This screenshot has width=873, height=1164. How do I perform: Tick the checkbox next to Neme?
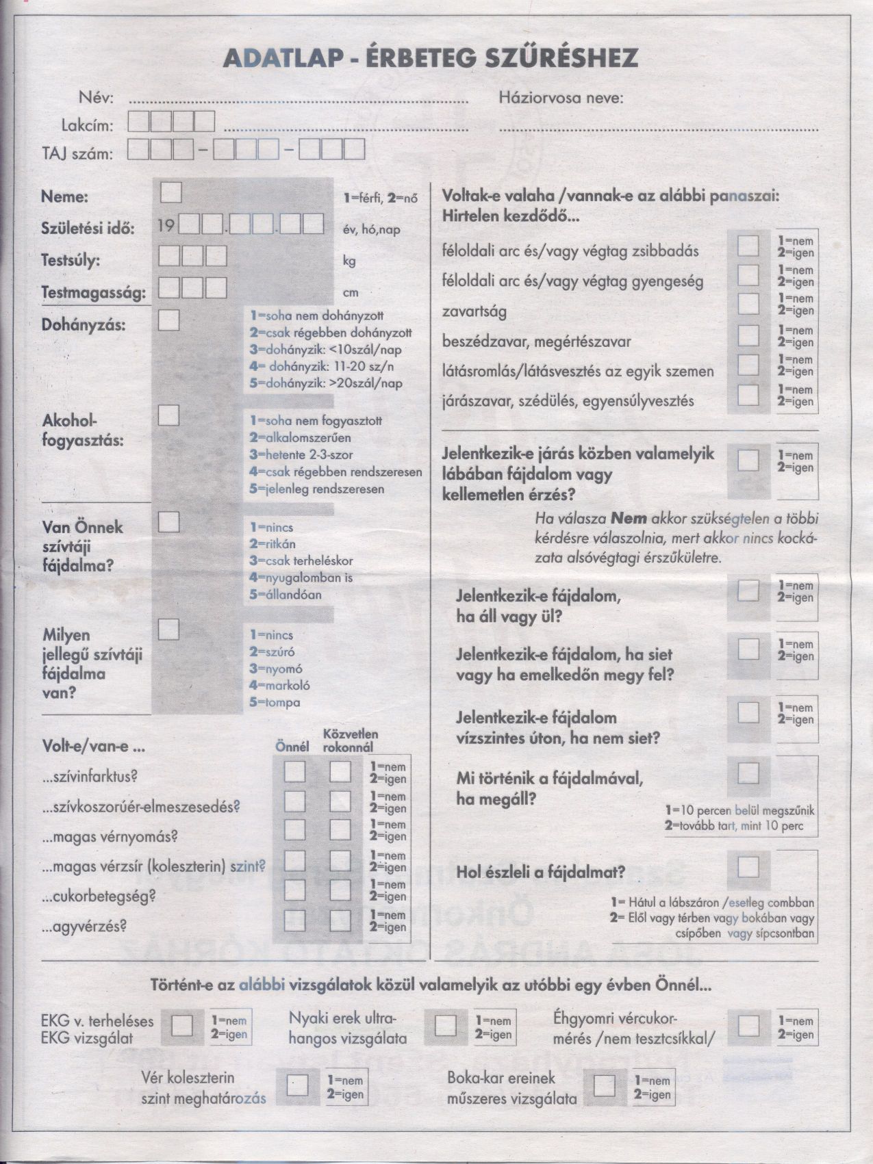pos(170,192)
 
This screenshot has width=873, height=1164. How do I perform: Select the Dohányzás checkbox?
pos(168,320)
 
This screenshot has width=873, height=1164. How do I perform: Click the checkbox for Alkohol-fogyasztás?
pos(168,415)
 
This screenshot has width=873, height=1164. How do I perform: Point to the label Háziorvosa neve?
pos(561,98)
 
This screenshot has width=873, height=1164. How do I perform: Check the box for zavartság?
pos(748,304)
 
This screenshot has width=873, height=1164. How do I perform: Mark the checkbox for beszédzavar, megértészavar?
pos(748,335)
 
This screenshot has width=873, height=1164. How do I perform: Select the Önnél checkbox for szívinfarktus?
pos(295,771)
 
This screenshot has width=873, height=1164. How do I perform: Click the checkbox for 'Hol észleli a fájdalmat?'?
pos(748,867)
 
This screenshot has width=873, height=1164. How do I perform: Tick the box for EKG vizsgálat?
pos(183,1026)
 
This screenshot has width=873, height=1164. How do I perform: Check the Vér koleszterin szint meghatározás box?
pos(297,1086)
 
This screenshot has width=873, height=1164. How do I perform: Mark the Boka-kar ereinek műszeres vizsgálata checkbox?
pos(604,1086)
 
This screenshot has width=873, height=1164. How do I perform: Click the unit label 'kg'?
pos(349,261)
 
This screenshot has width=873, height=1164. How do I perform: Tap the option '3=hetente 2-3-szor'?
pos(301,454)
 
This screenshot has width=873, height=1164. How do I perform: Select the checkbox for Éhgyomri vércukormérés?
pos(748,1026)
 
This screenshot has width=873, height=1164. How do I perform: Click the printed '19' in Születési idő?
pos(166,225)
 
